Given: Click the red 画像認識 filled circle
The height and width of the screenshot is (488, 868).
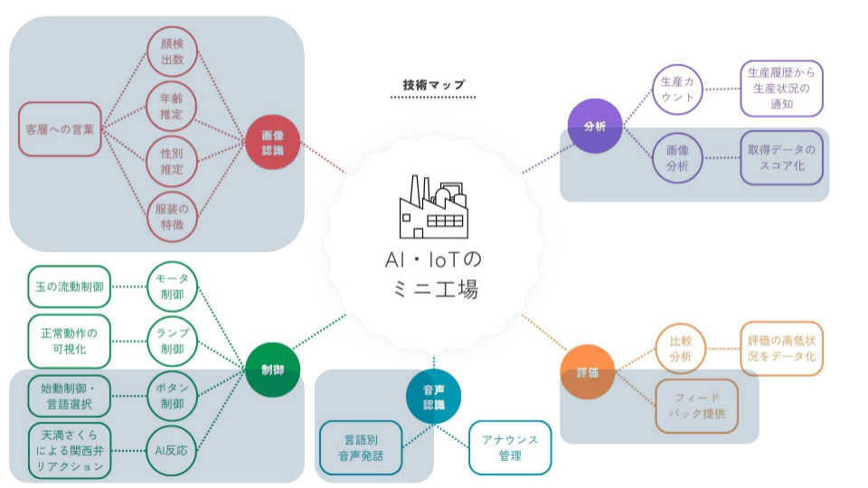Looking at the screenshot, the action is pyautogui.click(x=272, y=142).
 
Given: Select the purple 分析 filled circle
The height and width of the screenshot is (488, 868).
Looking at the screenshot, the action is pyautogui.click(x=595, y=127).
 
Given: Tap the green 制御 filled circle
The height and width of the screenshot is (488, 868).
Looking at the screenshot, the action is pyautogui.click(x=272, y=370).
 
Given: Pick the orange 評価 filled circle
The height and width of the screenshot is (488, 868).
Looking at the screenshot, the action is pyautogui.click(x=588, y=372).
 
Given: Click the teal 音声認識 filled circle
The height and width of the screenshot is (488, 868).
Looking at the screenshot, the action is pyautogui.click(x=433, y=397).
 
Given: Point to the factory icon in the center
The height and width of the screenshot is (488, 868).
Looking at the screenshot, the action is pyautogui.click(x=433, y=207).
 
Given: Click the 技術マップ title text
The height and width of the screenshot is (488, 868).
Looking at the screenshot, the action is pyautogui.click(x=433, y=85).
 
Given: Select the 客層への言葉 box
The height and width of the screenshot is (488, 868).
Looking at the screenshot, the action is pyautogui.click(x=60, y=129).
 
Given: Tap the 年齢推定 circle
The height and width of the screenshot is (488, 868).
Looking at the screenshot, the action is pyautogui.click(x=172, y=107).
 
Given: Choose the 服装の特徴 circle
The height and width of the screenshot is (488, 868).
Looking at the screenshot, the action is pyautogui.click(x=172, y=216).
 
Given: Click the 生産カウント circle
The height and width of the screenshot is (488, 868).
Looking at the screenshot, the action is pyautogui.click(x=677, y=89).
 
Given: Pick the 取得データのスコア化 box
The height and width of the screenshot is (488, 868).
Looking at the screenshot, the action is pyautogui.click(x=781, y=157).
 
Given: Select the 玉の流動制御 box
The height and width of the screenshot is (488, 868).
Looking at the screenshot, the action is pyautogui.click(x=70, y=286).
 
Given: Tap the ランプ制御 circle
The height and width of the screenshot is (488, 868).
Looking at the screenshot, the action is pyautogui.click(x=172, y=342).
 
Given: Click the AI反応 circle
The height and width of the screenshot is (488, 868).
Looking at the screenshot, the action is pyautogui.click(x=171, y=451).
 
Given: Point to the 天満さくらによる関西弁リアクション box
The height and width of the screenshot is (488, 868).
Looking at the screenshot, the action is pyautogui.click(x=70, y=451).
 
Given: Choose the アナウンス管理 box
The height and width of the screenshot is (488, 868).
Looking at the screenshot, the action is pyautogui.click(x=510, y=447).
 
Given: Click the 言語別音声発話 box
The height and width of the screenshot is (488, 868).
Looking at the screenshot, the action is pyautogui.click(x=361, y=447).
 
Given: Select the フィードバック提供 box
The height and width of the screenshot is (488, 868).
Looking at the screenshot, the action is pyautogui.click(x=696, y=406).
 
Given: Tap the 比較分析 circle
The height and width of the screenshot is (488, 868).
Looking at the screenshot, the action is pyautogui.click(x=680, y=349).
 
